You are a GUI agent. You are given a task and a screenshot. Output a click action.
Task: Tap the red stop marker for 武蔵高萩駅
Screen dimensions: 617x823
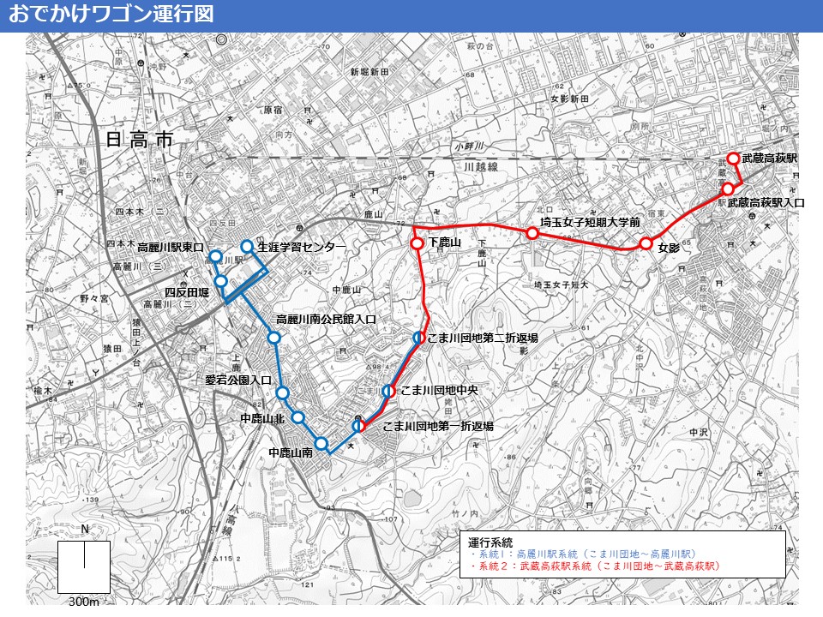733,159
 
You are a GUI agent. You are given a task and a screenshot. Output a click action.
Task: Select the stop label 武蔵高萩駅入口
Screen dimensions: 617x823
766,203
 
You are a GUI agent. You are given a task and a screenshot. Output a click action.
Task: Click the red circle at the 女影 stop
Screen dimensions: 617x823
646,244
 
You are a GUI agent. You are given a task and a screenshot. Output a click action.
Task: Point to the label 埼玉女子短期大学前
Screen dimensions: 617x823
591,221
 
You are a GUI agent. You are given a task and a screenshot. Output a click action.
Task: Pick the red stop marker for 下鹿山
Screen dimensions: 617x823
417,243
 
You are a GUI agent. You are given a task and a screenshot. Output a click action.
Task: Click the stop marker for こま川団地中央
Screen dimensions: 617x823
388,391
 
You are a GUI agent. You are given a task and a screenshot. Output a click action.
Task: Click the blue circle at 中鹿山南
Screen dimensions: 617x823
321,443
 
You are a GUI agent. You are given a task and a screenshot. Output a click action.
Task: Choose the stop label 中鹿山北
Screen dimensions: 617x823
262,418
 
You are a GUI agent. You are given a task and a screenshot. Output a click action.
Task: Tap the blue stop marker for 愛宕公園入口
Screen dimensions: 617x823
282,392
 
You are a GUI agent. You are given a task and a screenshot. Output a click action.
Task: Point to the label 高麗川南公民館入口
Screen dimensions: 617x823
327,319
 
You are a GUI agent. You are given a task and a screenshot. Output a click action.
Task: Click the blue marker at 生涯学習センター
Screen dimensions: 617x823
247,247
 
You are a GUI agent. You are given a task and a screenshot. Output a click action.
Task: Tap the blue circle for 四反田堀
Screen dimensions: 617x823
220,281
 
